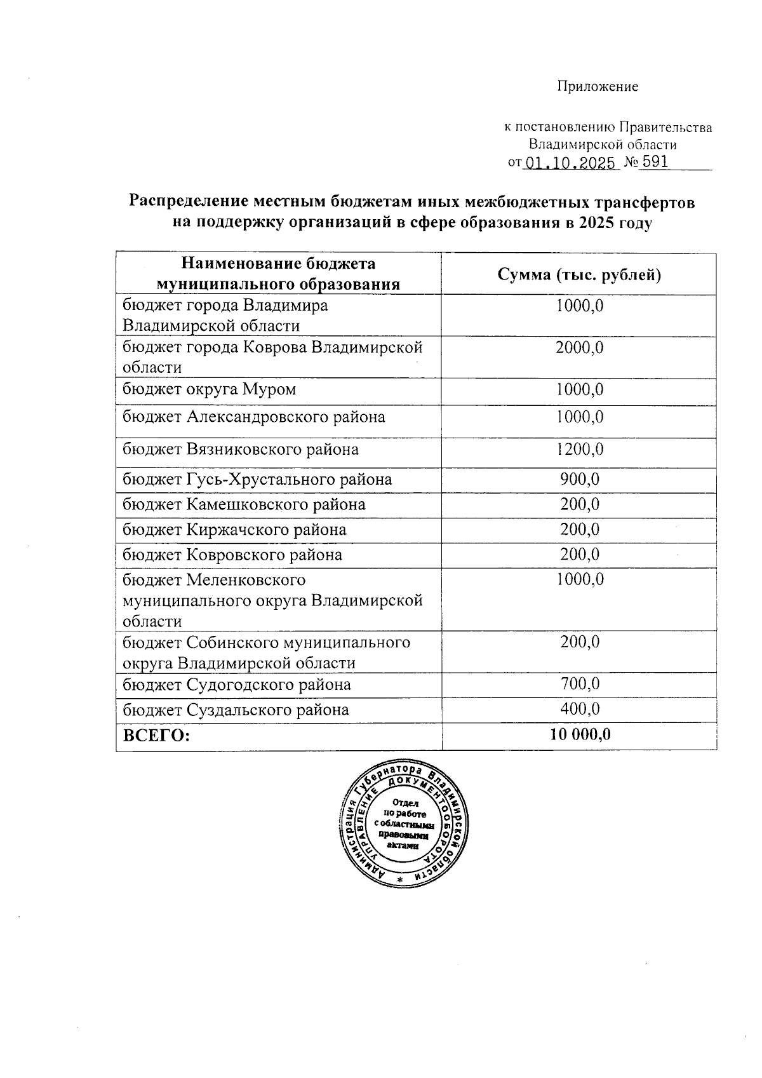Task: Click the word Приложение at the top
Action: coord(598,86)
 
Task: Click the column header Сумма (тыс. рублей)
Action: coord(578,274)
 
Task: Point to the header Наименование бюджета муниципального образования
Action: coord(279,274)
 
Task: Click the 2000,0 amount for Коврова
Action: coord(579,347)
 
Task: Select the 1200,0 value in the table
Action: coord(579,450)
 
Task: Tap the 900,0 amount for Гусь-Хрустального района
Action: coord(579,479)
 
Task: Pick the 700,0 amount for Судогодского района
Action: coord(579,684)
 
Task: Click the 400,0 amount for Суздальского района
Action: coord(579,709)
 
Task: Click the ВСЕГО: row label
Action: coord(157,736)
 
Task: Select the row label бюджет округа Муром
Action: coord(209,389)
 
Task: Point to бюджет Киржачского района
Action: coord(234,529)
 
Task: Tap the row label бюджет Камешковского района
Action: coord(244,504)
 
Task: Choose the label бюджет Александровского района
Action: coord(253,417)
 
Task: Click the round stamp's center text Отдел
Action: coord(405,802)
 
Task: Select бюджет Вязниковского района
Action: coord(240,450)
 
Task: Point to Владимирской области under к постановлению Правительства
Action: coord(603,145)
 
